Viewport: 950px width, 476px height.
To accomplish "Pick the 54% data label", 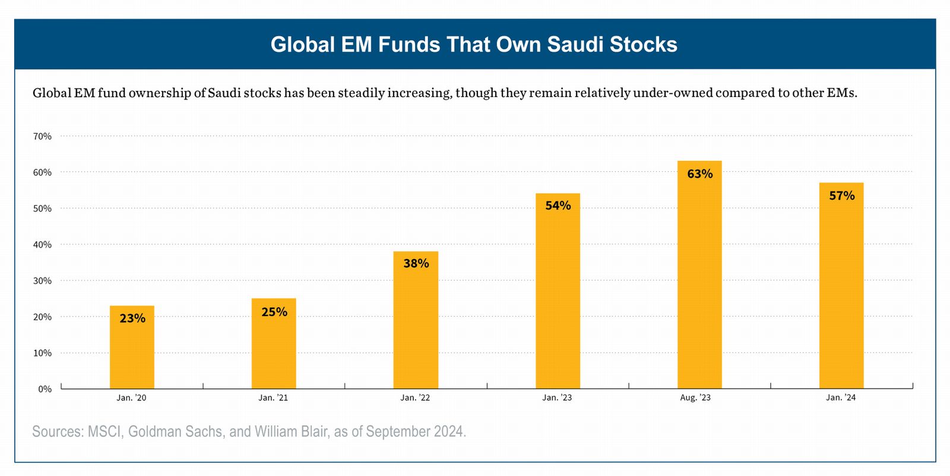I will [x=558, y=206].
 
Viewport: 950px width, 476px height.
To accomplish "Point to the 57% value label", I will [x=842, y=196].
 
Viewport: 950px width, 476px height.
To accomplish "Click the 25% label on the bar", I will [x=274, y=312].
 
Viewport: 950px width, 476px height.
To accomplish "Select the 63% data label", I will [x=700, y=174].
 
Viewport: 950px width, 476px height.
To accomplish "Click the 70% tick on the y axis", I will [x=42, y=136].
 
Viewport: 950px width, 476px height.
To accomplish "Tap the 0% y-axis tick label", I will [x=45, y=389].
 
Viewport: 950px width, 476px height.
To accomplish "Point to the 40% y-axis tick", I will [x=42, y=245].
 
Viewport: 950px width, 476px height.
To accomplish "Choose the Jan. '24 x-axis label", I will [x=841, y=398].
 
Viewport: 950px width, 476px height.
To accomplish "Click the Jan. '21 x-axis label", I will [x=273, y=398].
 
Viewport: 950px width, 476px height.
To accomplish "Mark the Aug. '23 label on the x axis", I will [x=695, y=398].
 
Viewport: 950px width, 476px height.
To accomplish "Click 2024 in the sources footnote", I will [x=449, y=431].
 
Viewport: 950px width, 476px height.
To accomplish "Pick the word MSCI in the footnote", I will [x=104, y=431].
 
